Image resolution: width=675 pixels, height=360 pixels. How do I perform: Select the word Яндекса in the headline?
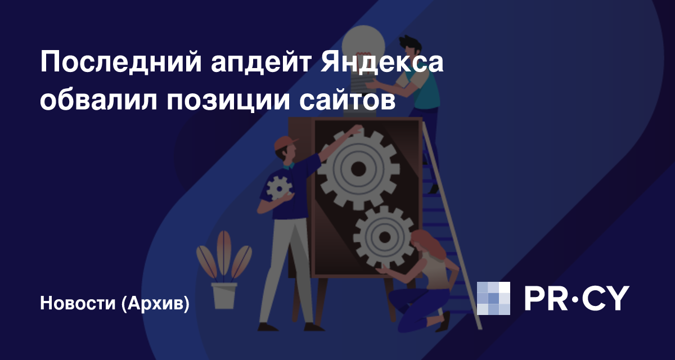point(382,62)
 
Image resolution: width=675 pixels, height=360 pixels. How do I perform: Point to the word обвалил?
point(98,100)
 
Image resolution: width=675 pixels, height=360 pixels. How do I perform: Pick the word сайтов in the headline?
point(347,100)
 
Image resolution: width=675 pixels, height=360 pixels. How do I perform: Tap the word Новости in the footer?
point(78,303)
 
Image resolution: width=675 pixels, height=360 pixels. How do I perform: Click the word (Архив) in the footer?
point(155,303)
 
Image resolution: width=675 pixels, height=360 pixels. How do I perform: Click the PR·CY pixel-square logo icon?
point(493,298)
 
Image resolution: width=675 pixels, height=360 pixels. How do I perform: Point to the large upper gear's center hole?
point(358,169)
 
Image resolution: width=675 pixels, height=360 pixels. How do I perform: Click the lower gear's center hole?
point(384,237)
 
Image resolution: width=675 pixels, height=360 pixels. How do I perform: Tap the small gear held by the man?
point(279,189)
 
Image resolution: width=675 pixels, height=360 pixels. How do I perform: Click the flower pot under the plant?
point(224,295)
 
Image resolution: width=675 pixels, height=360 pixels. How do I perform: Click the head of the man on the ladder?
point(410,47)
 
